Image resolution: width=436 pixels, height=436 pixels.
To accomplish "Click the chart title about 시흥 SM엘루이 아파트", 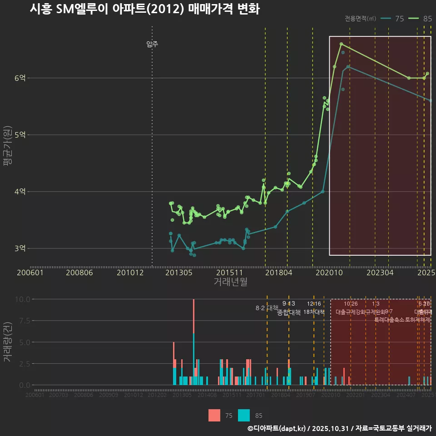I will pyautogui.click(x=144, y=9).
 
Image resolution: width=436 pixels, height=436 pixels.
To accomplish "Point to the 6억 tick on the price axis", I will pyautogui.click(x=20, y=78).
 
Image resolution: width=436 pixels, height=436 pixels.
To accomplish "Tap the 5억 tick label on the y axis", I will pyautogui.click(x=20, y=135).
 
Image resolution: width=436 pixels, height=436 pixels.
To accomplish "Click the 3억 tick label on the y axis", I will pyautogui.click(x=20, y=248).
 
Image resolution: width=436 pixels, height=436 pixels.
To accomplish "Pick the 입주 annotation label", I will pyautogui.click(x=152, y=44).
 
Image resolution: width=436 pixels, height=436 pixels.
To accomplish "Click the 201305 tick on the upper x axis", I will pyautogui.click(x=178, y=273).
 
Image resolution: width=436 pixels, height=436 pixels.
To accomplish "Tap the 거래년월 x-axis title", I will pyautogui.click(x=230, y=282).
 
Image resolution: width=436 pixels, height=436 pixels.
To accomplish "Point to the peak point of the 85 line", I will pyautogui.click(x=341, y=44).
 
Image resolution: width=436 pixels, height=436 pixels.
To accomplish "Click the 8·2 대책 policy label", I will pyautogui.click(x=267, y=308).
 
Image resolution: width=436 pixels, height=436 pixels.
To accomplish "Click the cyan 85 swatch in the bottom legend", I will pyautogui.click(x=244, y=415).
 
